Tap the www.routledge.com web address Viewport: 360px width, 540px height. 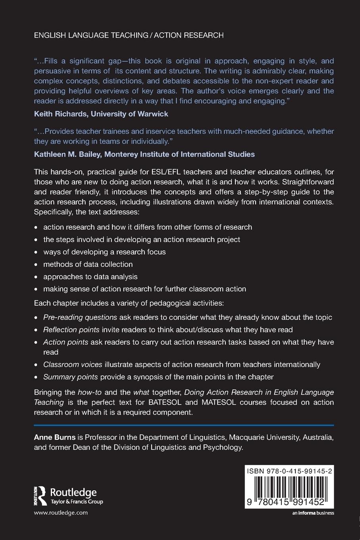(x=61, y=513)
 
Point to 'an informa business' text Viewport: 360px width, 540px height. (x=313, y=513)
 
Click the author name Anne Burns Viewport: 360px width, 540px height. (x=55, y=437)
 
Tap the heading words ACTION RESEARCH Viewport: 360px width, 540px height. (x=189, y=35)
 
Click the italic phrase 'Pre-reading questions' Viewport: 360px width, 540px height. (x=80, y=317)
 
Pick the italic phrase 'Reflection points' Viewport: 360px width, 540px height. (x=71, y=330)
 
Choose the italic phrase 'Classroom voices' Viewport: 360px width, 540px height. (x=73, y=364)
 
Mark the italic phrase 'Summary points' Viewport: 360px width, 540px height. (x=70, y=377)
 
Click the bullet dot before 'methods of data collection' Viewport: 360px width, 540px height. (x=36, y=265)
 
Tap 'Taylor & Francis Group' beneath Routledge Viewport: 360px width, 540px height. (x=77, y=502)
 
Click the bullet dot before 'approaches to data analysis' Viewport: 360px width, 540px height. (x=36, y=277)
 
